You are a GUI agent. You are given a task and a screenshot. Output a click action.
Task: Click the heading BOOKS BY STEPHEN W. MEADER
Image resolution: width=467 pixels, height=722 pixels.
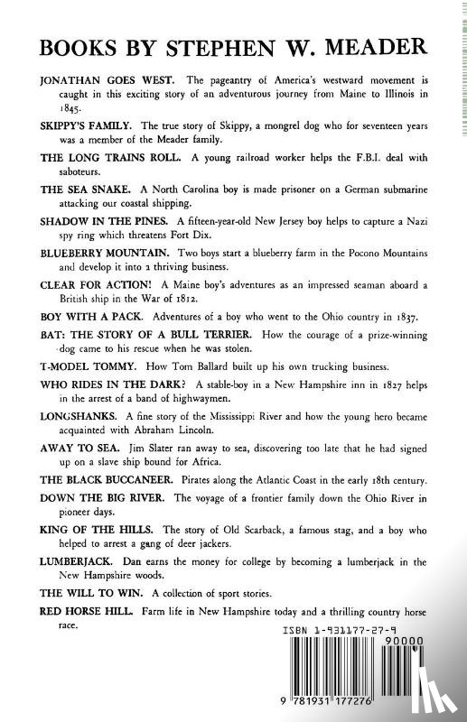pyautogui.click(x=233, y=47)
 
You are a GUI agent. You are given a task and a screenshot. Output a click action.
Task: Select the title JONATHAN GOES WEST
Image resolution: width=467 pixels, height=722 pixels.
pyautogui.click(x=98, y=80)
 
